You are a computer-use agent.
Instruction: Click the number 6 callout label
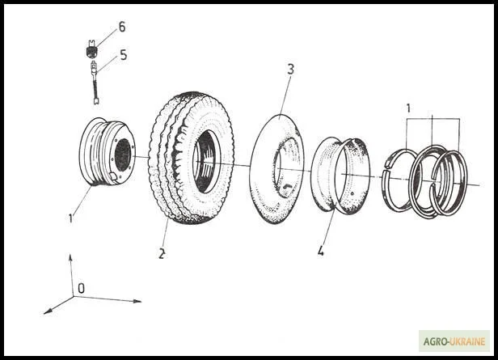(121, 27)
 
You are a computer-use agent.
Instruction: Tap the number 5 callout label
(123, 55)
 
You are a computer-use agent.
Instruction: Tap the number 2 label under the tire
(162, 253)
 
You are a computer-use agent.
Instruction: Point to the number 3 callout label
(289, 70)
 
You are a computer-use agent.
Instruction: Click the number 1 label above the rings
(408, 108)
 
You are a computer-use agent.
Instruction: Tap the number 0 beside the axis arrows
(81, 288)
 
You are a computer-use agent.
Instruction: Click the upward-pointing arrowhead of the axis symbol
(70, 258)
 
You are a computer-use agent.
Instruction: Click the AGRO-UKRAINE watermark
(454, 341)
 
